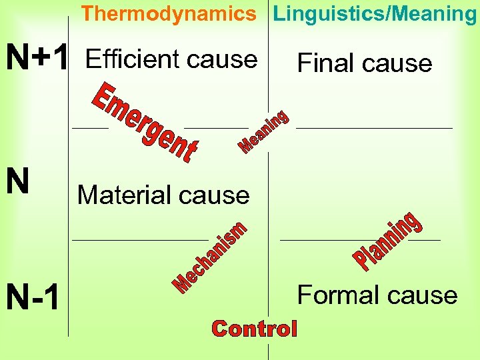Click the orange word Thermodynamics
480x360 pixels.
[169, 13]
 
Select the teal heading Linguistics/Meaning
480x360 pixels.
[375, 13]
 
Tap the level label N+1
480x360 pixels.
[37, 59]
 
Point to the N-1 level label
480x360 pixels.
[34, 297]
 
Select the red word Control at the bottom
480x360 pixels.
[254, 328]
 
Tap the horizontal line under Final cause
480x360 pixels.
[373, 127]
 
